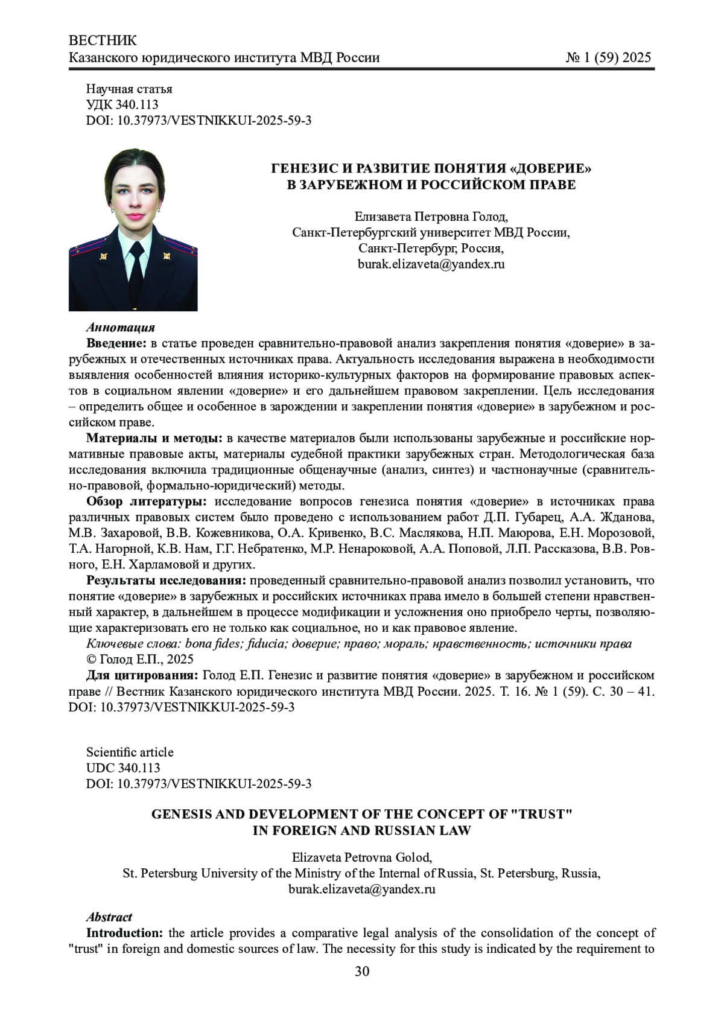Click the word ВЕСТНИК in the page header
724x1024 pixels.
pos(103,40)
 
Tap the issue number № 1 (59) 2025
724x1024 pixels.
pos(608,58)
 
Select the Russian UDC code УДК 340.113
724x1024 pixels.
pos(122,105)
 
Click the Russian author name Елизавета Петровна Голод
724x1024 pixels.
pos(431,217)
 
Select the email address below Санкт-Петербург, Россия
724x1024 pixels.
pos(431,264)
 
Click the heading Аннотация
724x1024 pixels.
pos(121,328)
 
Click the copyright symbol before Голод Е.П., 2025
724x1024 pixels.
pos(92,659)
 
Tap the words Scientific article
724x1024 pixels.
pos(130,752)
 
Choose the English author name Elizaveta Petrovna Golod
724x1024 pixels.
pos(361,857)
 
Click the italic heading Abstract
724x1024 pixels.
pos(109,917)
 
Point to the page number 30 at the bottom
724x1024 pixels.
pos(362,972)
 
